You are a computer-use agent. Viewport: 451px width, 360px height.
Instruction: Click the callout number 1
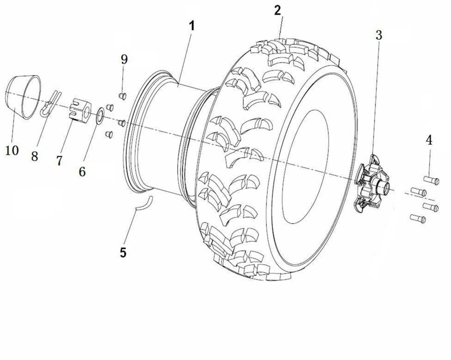coord(192,26)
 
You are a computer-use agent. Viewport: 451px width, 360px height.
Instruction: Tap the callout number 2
coord(277,10)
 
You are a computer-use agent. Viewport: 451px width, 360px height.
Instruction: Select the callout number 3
coord(379,36)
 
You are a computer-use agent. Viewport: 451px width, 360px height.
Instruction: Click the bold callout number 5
coord(123,252)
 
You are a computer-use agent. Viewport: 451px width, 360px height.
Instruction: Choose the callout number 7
coord(59,161)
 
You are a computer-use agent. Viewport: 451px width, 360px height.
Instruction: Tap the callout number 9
coord(124,59)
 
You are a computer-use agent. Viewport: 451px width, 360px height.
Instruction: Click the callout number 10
coord(12,150)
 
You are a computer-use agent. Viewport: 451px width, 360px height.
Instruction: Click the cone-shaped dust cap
coord(22,97)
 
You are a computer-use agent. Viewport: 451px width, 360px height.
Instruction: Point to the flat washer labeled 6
coord(100,116)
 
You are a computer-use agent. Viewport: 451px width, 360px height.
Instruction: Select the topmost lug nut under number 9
coord(123,95)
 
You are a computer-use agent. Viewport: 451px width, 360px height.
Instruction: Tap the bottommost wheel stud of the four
coord(418,217)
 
